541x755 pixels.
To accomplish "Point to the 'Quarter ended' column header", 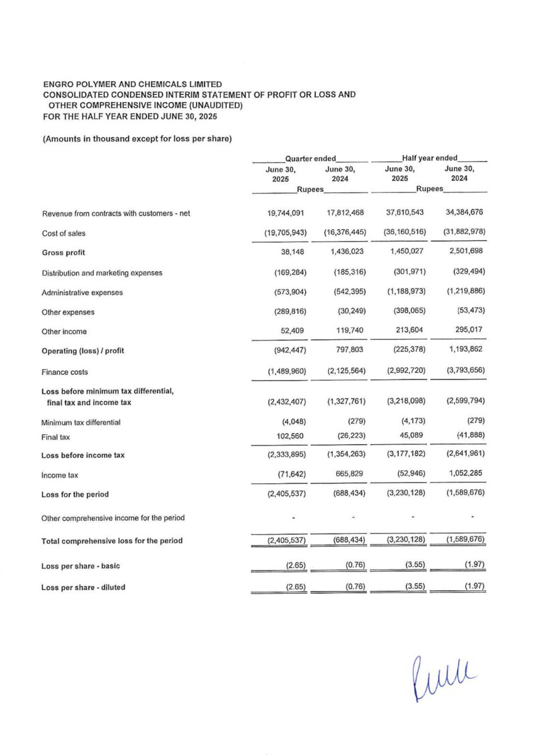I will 310,158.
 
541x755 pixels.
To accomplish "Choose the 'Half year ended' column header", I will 430,158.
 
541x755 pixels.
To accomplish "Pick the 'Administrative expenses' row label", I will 82,293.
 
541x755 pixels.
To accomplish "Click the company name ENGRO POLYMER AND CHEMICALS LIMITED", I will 131,84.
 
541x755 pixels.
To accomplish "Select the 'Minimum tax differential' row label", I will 81,422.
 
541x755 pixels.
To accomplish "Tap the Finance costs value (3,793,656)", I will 462,372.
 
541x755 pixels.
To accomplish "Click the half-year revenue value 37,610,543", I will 404,213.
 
